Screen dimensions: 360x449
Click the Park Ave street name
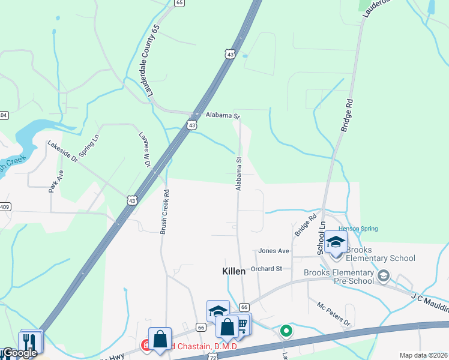point(51,180)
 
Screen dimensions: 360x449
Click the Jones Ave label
point(274,251)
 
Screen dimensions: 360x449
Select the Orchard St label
point(267,269)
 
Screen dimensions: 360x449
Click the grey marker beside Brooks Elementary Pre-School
point(384,276)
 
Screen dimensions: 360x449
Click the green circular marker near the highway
point(286,331)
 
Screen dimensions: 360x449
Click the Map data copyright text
point(423,355)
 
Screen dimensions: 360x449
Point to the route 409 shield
point(5,207)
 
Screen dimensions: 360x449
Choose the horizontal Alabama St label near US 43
point(222,115)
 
